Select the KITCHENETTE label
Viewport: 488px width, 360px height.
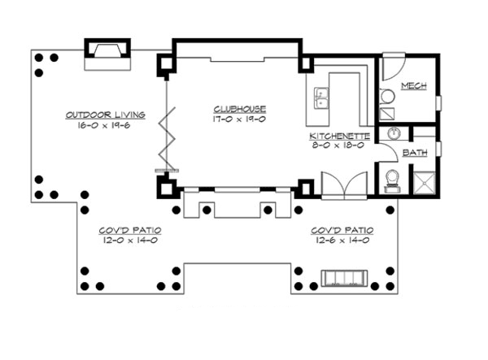(x=340, y=136)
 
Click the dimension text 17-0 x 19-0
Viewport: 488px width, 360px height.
(x=240, y=119)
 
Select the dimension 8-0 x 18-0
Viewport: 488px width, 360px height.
(x=340, y=146)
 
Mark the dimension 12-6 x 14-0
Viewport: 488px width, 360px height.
(x=342, y=241)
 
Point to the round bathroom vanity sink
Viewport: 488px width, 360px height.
(x=393, y=135)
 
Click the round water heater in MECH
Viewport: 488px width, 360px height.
(x=388, y=97)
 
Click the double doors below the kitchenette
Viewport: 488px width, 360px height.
(x=338, y=186)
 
